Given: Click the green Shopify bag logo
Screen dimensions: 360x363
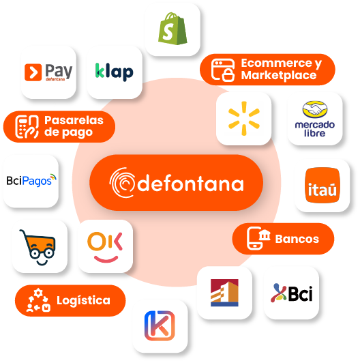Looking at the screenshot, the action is click(x=172, y=29).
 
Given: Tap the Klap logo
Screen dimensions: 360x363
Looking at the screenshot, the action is click(x=115, y=72).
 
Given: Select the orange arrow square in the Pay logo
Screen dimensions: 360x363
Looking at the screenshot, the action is click(x=33, y=72).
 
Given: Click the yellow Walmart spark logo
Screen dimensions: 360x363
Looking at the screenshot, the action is click(x=244, y=118).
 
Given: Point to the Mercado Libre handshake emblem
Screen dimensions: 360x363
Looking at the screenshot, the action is click(x=315, y=109).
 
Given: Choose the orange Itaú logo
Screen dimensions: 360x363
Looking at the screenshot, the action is click(x=322, y=185).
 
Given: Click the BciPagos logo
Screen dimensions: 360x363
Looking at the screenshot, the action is click(x=31, y=180).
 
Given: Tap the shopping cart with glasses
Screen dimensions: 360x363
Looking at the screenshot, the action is click(x=38, y=247).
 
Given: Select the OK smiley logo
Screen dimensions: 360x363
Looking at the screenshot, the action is click(x=105, y=247).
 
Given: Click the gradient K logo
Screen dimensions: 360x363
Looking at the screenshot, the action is click(x=160, y=325).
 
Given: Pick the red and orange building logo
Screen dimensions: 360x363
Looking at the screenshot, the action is click(x=224, y=293).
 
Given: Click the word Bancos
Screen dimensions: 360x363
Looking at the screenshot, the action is click(x=297, y=239).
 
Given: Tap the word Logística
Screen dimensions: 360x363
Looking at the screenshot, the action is click(x=83, y=301).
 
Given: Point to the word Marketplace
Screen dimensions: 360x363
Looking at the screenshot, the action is click(x=279, y=75).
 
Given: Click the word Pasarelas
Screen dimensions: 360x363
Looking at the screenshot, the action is click(x=74, y=120).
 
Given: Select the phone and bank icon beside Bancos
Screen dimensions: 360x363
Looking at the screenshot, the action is click(x=258, y=238).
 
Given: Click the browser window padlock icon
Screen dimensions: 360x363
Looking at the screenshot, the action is click(x=223, y=70).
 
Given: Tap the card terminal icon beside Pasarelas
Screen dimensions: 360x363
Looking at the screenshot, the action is click(x=27, y=127).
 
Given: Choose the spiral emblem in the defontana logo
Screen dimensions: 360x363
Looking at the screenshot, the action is click(x=122, y=183).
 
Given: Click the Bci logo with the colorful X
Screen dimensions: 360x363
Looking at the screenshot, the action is click(x=292, y=293).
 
